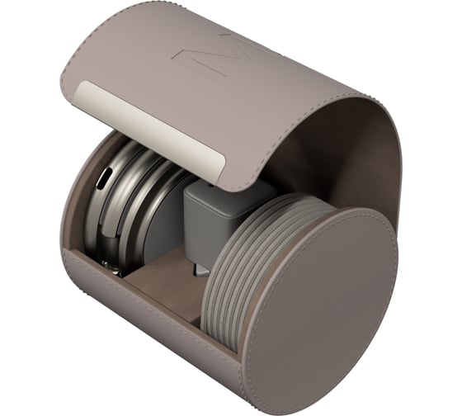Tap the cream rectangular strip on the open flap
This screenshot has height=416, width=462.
pos(149,130)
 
